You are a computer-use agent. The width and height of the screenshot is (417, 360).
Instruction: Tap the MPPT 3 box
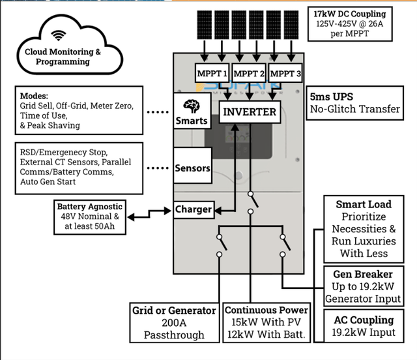285,74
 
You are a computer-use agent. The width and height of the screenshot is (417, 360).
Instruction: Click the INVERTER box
250,112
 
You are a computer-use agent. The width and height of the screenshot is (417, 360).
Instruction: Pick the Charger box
194,209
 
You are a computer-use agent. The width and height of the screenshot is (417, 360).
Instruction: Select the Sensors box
193,168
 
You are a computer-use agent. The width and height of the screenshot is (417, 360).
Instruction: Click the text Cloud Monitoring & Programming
63,57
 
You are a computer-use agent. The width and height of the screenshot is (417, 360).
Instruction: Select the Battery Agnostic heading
89,206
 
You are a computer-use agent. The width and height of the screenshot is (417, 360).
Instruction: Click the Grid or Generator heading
173,310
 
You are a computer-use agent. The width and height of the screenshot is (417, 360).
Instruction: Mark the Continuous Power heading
265,310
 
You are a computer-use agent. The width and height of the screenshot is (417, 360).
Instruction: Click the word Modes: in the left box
35,95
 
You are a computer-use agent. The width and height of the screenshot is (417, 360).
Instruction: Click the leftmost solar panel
204,24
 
